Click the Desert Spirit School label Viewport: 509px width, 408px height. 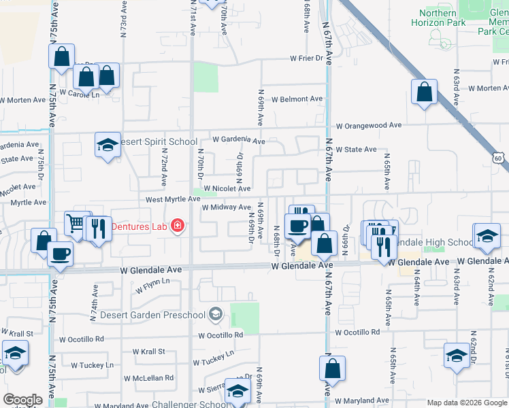(159, 142)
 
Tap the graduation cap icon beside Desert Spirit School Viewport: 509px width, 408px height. (107, 145)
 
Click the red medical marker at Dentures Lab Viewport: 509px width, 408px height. (177, 225)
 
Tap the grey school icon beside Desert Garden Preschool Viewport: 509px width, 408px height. (216, 313)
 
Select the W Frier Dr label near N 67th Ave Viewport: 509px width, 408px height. (306, 58)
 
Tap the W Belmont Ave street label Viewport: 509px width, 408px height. (297, 99)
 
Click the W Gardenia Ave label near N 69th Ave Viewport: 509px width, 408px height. (238, 139)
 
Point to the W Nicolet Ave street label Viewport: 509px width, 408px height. (227, 188)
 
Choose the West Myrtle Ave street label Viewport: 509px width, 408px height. (171, 199)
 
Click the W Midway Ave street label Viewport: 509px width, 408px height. (227, 207)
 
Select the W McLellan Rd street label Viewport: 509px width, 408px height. (148, 377)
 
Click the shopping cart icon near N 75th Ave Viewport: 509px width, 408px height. (77, 222)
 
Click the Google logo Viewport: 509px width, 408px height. (22, 400)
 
